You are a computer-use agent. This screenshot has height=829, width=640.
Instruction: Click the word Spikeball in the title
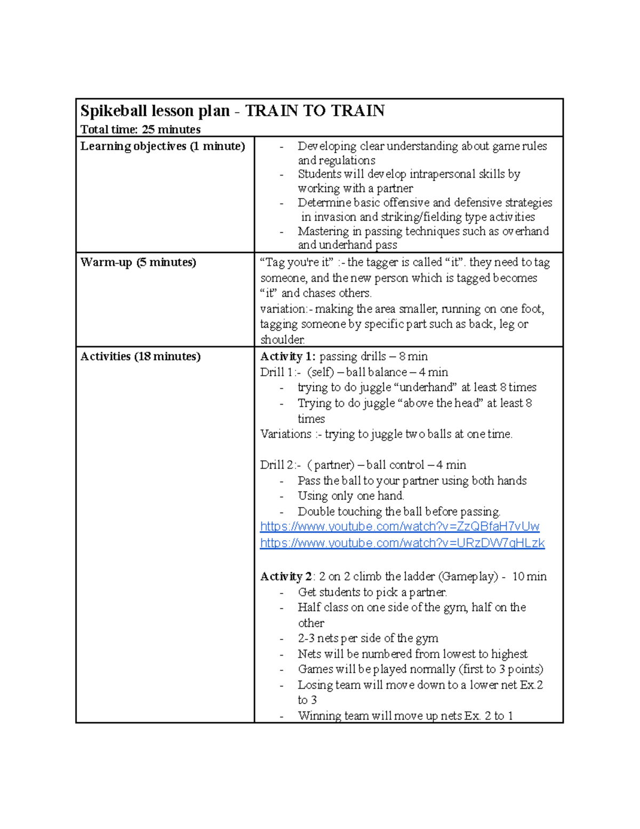(x=114, y=111)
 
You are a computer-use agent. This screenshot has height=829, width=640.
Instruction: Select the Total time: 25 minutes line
(x=140, y=130)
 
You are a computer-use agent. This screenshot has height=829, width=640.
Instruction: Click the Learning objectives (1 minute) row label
(x=163, y=146)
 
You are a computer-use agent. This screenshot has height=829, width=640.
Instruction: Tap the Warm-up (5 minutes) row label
(x=138, y=263)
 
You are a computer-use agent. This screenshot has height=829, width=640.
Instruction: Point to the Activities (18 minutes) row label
(x=140, y=357)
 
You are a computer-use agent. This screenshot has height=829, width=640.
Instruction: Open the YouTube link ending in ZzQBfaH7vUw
(x=399, y=527)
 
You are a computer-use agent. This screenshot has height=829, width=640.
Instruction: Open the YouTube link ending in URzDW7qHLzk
(x=402, y=543)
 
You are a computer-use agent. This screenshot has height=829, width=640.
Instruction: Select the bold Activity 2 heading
(x=286, y=577)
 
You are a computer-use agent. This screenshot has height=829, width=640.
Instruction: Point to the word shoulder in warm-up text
(x=282, y=340)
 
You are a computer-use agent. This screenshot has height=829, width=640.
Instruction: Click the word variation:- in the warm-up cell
(x=285, y=309)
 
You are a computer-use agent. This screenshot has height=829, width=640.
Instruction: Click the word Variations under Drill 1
(x=286, y=434)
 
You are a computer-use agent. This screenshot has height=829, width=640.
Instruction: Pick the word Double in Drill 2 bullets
(x=316, y=511)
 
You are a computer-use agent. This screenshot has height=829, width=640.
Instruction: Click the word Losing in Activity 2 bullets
(x=315, y=685)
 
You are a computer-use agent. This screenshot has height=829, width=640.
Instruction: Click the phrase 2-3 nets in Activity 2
(x=320, y=638)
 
